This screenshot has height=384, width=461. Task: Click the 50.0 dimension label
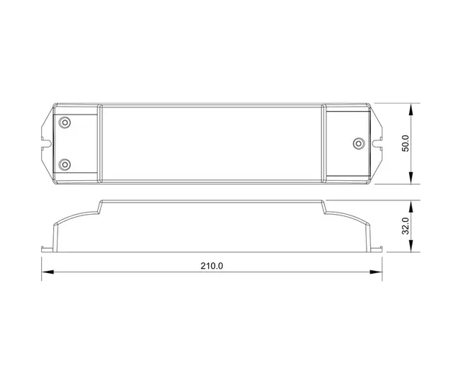point(406,143)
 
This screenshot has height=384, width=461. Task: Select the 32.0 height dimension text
point(406,226)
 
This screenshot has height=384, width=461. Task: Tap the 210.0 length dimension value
point(211,265)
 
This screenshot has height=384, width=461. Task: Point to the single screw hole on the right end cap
point(357,143)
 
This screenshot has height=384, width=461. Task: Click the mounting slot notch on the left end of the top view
point(45,143)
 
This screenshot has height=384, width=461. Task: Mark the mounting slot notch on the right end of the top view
point(378,143)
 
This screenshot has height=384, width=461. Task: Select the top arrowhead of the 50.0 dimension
point(412,108)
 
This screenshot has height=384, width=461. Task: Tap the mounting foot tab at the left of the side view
point(45,250)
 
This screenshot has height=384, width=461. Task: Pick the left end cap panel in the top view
point(74,143)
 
